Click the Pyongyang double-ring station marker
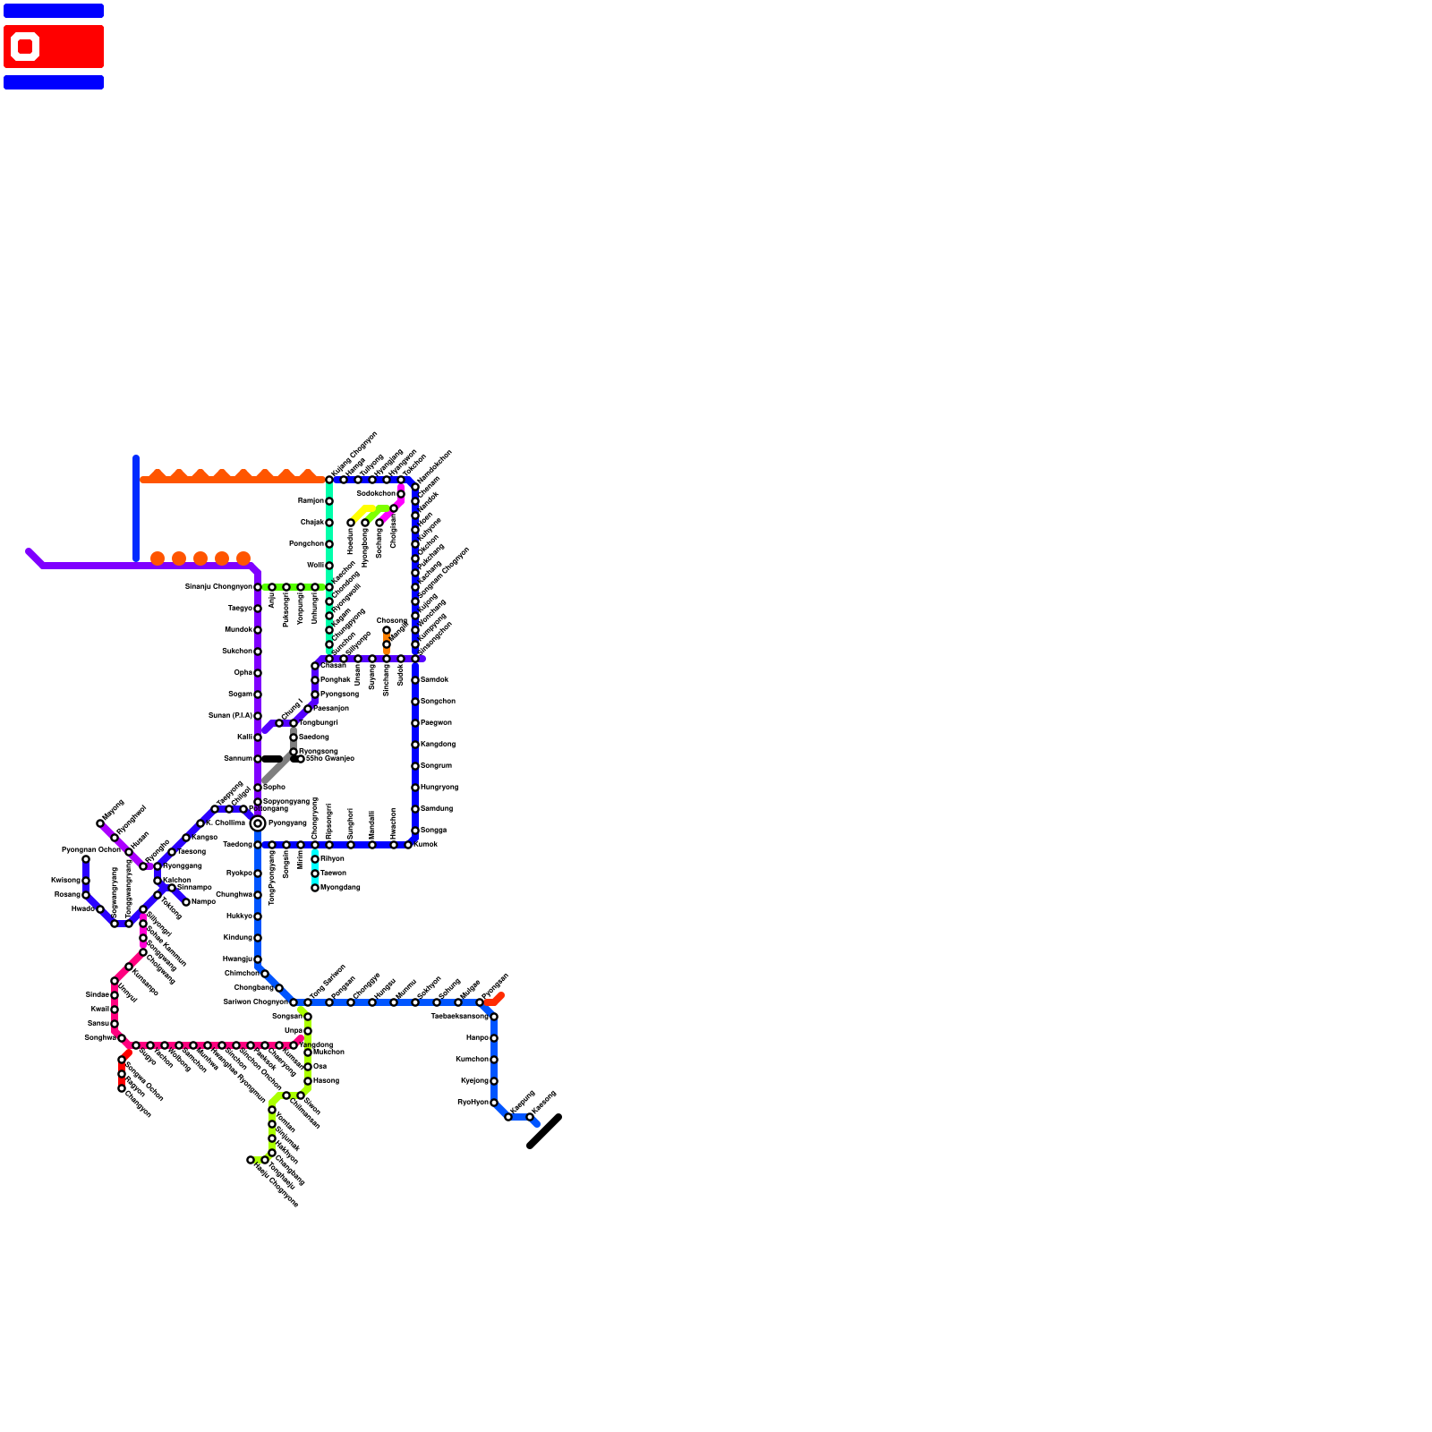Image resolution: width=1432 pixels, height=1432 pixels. coord(258,823)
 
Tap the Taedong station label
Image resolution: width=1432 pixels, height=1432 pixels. coord(237,844)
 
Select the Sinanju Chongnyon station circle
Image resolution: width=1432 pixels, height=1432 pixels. coord(258,587)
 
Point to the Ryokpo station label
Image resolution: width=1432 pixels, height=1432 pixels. coord(239,873)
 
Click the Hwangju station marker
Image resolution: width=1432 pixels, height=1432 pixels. coord(258,959)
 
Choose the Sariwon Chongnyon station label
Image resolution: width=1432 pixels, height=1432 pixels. coord(255,1002)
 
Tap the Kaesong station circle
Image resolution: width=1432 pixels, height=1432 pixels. coord(530,1117)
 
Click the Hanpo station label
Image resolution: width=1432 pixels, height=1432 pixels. coord(477,1037)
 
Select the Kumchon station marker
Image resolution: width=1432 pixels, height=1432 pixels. coord(494,1060)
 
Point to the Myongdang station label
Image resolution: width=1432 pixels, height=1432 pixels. coord(340,887)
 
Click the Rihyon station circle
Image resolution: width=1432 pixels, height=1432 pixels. coord(315,859)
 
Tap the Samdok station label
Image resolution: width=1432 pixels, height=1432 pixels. coord(434,679)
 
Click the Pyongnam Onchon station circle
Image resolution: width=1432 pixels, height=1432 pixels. coord(86,859)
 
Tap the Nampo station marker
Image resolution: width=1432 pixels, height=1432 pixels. coord(186,902)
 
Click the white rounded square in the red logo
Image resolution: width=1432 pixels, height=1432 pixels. coord(25,47)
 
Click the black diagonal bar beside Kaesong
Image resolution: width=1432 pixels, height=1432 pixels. coord(544,1131)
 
